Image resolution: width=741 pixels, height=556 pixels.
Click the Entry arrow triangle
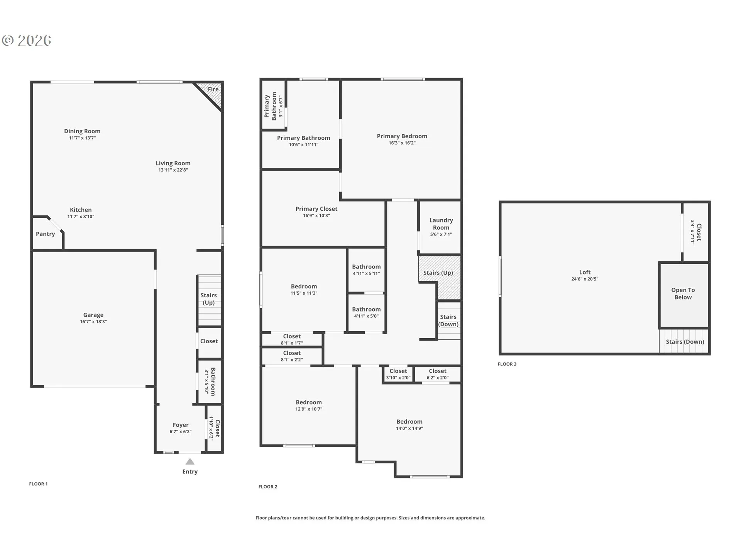[190, 461]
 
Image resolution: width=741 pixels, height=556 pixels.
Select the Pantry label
[46, 234]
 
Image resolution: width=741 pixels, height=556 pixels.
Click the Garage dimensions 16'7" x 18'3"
[93, 322]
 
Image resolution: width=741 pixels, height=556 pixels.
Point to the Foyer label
[181, 425]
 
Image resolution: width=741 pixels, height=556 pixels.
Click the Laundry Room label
[441, 224]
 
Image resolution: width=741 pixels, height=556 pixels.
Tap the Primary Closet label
[316, 209]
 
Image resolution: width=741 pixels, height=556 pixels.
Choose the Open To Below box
[683, 295]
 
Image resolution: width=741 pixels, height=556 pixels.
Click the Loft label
[585, 272]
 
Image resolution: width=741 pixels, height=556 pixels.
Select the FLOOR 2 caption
[268, 486]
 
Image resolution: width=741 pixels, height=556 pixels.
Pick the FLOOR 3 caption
[507, 364]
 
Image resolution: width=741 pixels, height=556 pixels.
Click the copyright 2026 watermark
[27, 41]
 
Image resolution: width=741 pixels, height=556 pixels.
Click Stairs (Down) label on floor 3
[685, 342]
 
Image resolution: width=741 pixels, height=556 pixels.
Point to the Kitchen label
[81, 210]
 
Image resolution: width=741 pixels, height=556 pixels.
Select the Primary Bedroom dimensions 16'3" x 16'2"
[402, 143]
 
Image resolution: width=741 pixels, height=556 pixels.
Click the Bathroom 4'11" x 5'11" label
[366, 270]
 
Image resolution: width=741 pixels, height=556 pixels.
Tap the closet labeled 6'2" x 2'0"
[438, 374]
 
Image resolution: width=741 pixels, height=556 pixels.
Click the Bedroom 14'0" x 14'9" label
[409, 425]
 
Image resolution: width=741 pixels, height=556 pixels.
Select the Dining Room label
[82, 131]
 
